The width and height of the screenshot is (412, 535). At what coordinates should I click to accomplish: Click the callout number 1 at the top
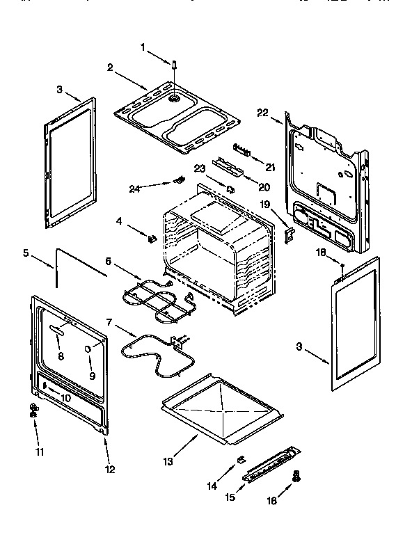point(143,48)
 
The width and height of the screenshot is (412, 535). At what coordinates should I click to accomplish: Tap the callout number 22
point(262,112)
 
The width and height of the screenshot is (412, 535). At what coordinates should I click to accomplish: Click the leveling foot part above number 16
point(297,476)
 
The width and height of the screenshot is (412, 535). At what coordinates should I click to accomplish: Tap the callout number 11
point(39,452)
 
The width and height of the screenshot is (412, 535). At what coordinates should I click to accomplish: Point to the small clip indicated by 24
point(178,180)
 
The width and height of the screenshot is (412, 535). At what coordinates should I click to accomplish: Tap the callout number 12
point(108,468)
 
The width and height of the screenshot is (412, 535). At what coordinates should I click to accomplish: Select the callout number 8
point(60,356)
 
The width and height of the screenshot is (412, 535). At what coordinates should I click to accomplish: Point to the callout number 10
point(66,398)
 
